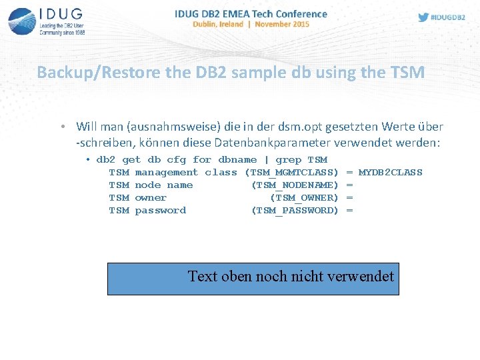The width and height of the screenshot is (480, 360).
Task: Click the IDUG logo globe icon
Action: tap(23, 21)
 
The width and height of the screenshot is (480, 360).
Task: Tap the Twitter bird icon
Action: tap(423, 17)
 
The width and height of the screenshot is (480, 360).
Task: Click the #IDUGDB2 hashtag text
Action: tap(448, 17)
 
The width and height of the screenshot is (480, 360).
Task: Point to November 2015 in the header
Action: tap(283, 24)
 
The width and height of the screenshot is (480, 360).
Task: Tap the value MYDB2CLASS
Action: tap(391, 173)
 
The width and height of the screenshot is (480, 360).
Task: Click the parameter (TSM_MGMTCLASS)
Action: tap(292, 173)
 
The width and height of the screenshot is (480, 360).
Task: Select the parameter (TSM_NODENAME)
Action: tap(295, 185)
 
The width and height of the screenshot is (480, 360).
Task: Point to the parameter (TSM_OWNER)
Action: tap(305, 198)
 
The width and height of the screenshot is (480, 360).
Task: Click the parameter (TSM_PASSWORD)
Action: tap(295, 211)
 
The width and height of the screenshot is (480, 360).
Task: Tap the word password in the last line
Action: tap(160, 211)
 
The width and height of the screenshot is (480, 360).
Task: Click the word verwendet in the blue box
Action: tap(361, 276)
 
